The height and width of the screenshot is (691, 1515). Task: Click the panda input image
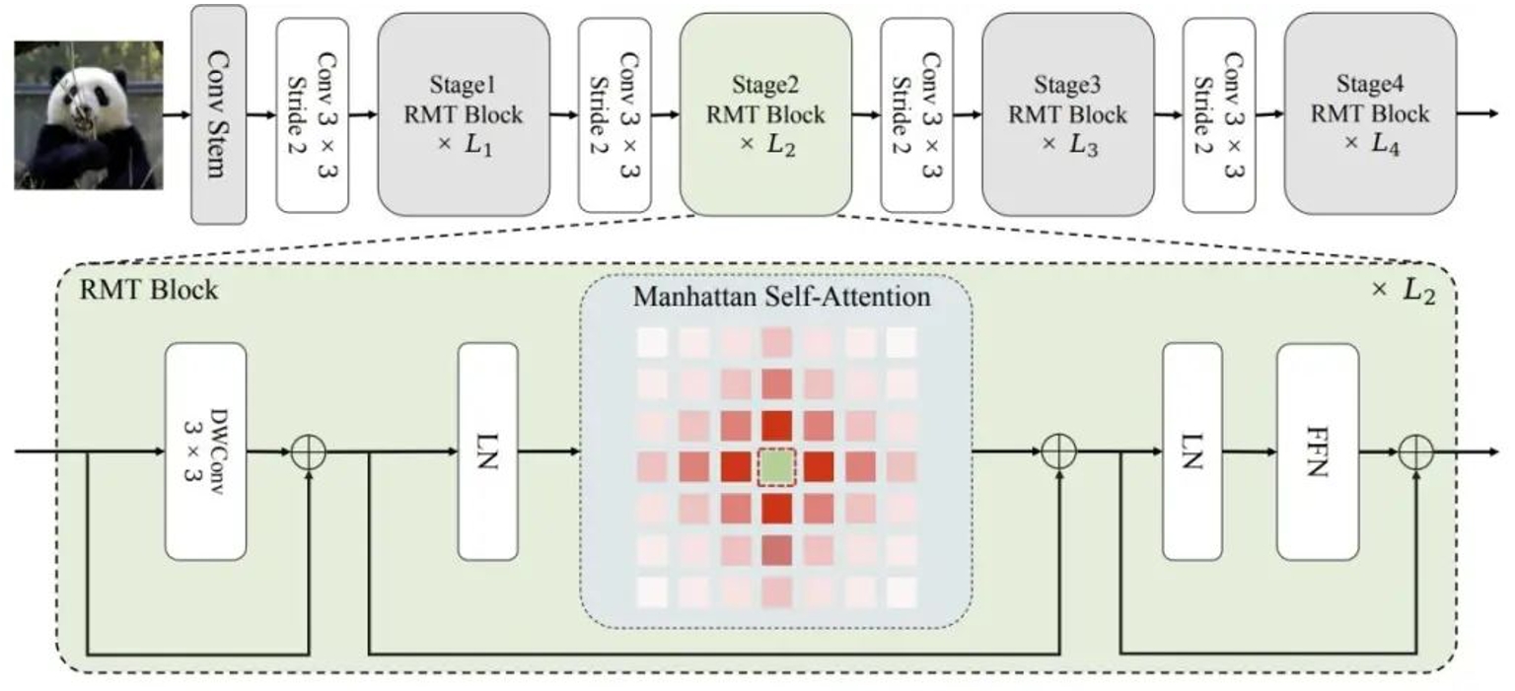88,114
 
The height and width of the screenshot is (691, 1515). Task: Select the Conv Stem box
218,114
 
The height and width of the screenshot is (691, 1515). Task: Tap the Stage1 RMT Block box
463,114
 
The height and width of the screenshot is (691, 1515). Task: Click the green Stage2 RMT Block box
765,114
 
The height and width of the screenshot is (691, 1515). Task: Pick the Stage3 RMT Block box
1067,114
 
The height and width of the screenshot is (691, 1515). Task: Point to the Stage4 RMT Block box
1369,114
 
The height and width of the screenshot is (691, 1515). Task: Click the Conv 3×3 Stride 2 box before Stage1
313,114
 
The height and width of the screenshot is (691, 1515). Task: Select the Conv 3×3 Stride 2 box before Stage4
1219,114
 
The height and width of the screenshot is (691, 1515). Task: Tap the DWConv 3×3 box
206,451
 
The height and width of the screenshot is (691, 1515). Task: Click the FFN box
1317,451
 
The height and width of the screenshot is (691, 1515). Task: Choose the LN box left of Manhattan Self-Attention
487,451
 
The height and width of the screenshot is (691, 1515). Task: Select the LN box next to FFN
1191,451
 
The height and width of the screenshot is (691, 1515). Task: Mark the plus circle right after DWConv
309,453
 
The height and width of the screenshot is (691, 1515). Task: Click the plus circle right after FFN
1415,452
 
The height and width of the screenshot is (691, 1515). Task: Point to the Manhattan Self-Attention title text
781,296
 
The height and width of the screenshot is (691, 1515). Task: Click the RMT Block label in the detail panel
149,291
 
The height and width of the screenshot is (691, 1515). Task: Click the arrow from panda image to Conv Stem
177,114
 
